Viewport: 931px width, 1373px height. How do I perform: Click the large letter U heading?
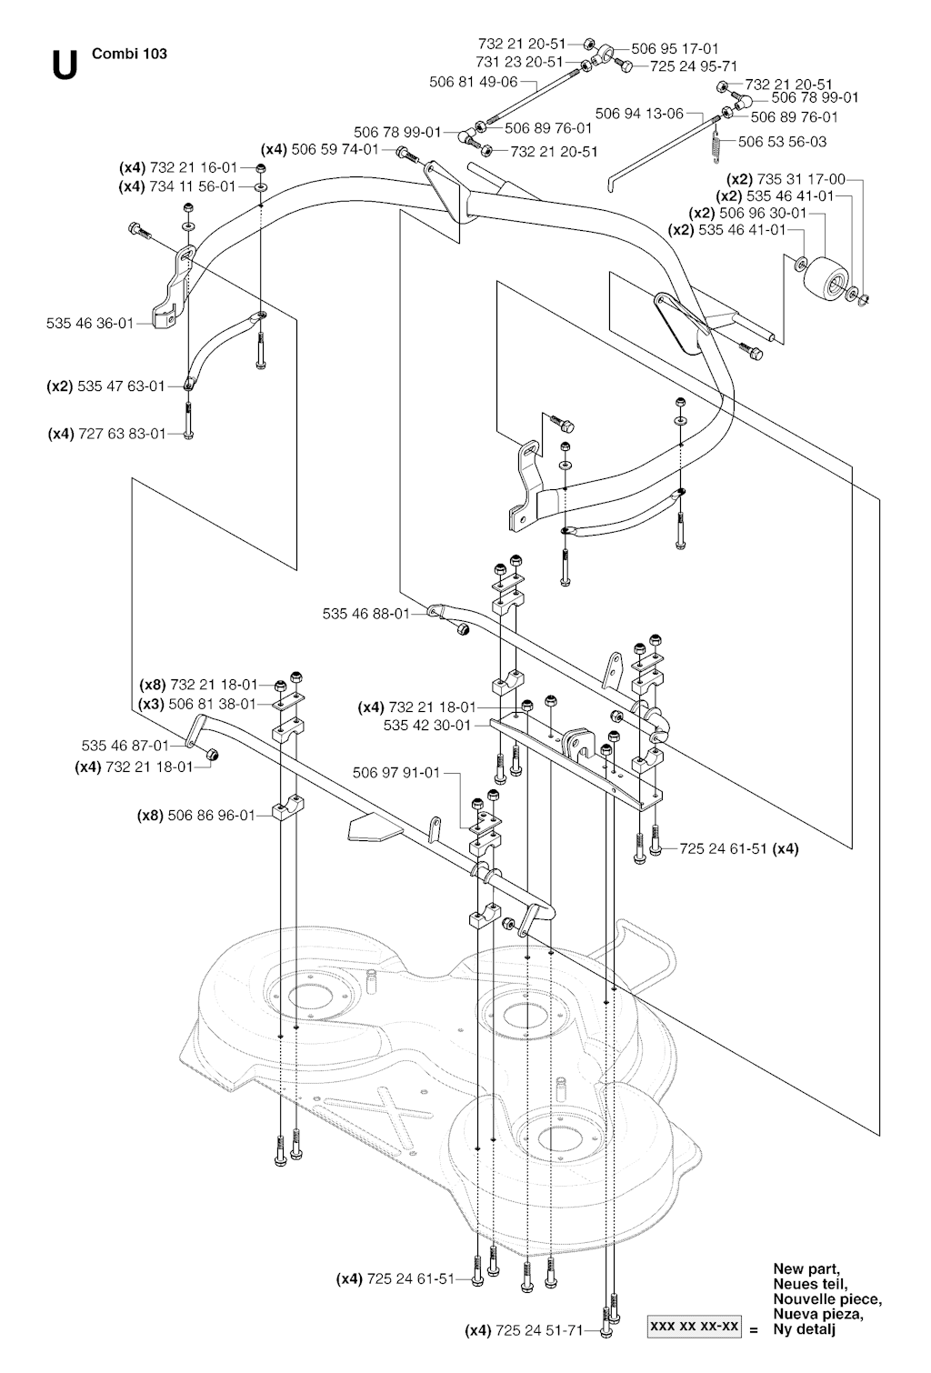pos(64,65)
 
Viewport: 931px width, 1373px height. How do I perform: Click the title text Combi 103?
pos(130,54)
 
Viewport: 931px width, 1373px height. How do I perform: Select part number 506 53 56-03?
pos(782,142)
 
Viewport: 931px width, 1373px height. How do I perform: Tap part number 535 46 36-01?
pos(89,322)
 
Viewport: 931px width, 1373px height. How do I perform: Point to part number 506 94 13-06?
pos(639,114)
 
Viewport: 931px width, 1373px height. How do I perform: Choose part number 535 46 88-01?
pos(365,614)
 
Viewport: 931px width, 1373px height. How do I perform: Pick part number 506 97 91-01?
pos(395,773)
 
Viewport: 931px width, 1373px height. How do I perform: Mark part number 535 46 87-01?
pos(125,745)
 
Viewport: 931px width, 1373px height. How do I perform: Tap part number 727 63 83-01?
pos(120,434)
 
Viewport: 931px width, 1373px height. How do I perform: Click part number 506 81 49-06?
pos(473,81)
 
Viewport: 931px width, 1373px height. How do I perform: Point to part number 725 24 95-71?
pos(693,65)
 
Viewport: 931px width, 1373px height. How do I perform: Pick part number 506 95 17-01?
pos(675,48)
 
